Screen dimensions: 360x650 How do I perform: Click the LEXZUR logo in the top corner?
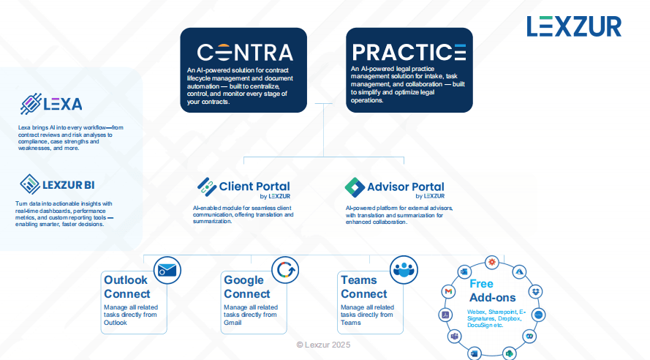[573, 26]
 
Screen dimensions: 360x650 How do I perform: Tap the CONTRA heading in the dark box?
[245, 52]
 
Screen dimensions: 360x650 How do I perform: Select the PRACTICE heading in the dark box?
[409, 52]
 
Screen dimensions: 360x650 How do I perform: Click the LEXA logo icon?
[29, 103]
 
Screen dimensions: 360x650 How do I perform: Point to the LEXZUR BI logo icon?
[29, 183]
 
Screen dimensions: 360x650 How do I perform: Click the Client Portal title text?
[254, 187]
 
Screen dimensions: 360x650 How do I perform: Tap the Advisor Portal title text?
[406, 187]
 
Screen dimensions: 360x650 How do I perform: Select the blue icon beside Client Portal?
[205, 187]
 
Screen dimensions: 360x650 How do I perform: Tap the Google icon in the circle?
[285, 270]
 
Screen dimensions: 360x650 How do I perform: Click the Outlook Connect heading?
[126, 287]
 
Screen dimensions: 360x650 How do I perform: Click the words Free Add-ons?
[492, 290]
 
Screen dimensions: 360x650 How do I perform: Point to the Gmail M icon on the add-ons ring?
[447, 291]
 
